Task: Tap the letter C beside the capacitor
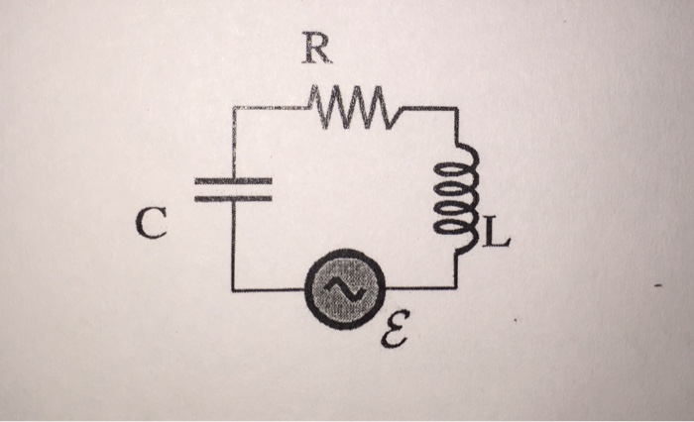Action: [x=147, y=226]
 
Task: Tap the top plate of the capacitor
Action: [x=232, y=181]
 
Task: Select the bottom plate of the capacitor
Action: [x=232, y=197]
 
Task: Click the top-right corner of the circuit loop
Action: [x=457, y=107]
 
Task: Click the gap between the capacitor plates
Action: [x=232, y=189]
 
